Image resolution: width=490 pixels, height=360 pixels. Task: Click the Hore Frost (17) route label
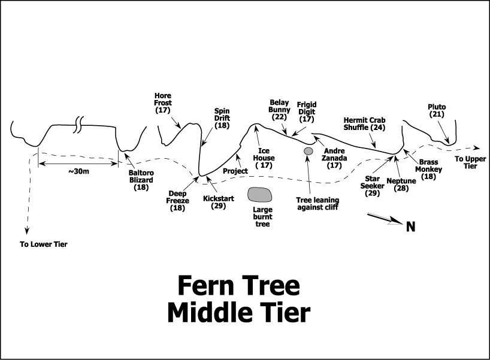pyautogui.click(x=163, y=103)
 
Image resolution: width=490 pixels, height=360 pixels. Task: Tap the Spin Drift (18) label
pyautogui.click(x=222, y=118)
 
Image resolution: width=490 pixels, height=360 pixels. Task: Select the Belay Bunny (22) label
pyautogui.click(x=280, y=110)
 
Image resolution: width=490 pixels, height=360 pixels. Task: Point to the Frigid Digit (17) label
pyautogui.click(x=306, y=111)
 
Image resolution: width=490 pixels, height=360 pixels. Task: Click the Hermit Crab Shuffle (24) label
pyautogui.click(x=364, y=123)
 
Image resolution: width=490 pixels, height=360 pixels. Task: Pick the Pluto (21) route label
pyautogui.click(x=437, y=111)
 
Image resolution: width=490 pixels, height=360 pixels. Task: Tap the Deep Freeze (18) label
pyautogui.click(x=179, y=201)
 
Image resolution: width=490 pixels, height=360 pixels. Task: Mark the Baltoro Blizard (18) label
pyautogui.click(x=141, y=180)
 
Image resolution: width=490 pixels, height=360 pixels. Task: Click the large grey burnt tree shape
pyautogui.click(x=259, y=194)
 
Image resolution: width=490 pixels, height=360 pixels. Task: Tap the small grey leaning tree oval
pyautogui.click(x=308, y=151)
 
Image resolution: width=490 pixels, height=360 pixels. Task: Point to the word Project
pyautogui.click(x=235, y=171)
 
